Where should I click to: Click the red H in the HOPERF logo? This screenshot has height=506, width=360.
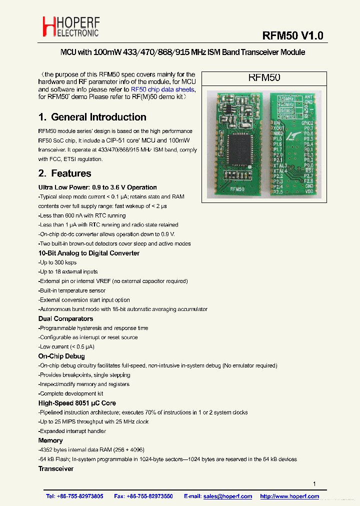tap(48, 26)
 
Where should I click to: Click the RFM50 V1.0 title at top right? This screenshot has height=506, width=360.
tap(293, 35)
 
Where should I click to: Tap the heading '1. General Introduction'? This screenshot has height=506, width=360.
tap(92, 117)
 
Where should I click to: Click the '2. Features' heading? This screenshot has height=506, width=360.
tap(64, 173)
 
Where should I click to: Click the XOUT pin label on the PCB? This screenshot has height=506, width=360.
tap(278, 128)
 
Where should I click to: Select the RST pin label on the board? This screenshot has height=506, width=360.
tap(309, 170)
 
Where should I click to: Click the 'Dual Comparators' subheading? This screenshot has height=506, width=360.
tap(65, 318)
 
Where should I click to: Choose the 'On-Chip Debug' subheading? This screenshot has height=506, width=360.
tap(61, 356)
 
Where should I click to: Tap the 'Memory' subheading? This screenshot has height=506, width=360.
tap(50, 440)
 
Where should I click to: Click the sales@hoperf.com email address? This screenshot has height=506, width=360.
tap(227, 496)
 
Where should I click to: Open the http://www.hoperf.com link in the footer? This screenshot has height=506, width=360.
tap(289, 496)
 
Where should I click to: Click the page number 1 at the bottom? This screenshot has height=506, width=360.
tap(314, 483)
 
